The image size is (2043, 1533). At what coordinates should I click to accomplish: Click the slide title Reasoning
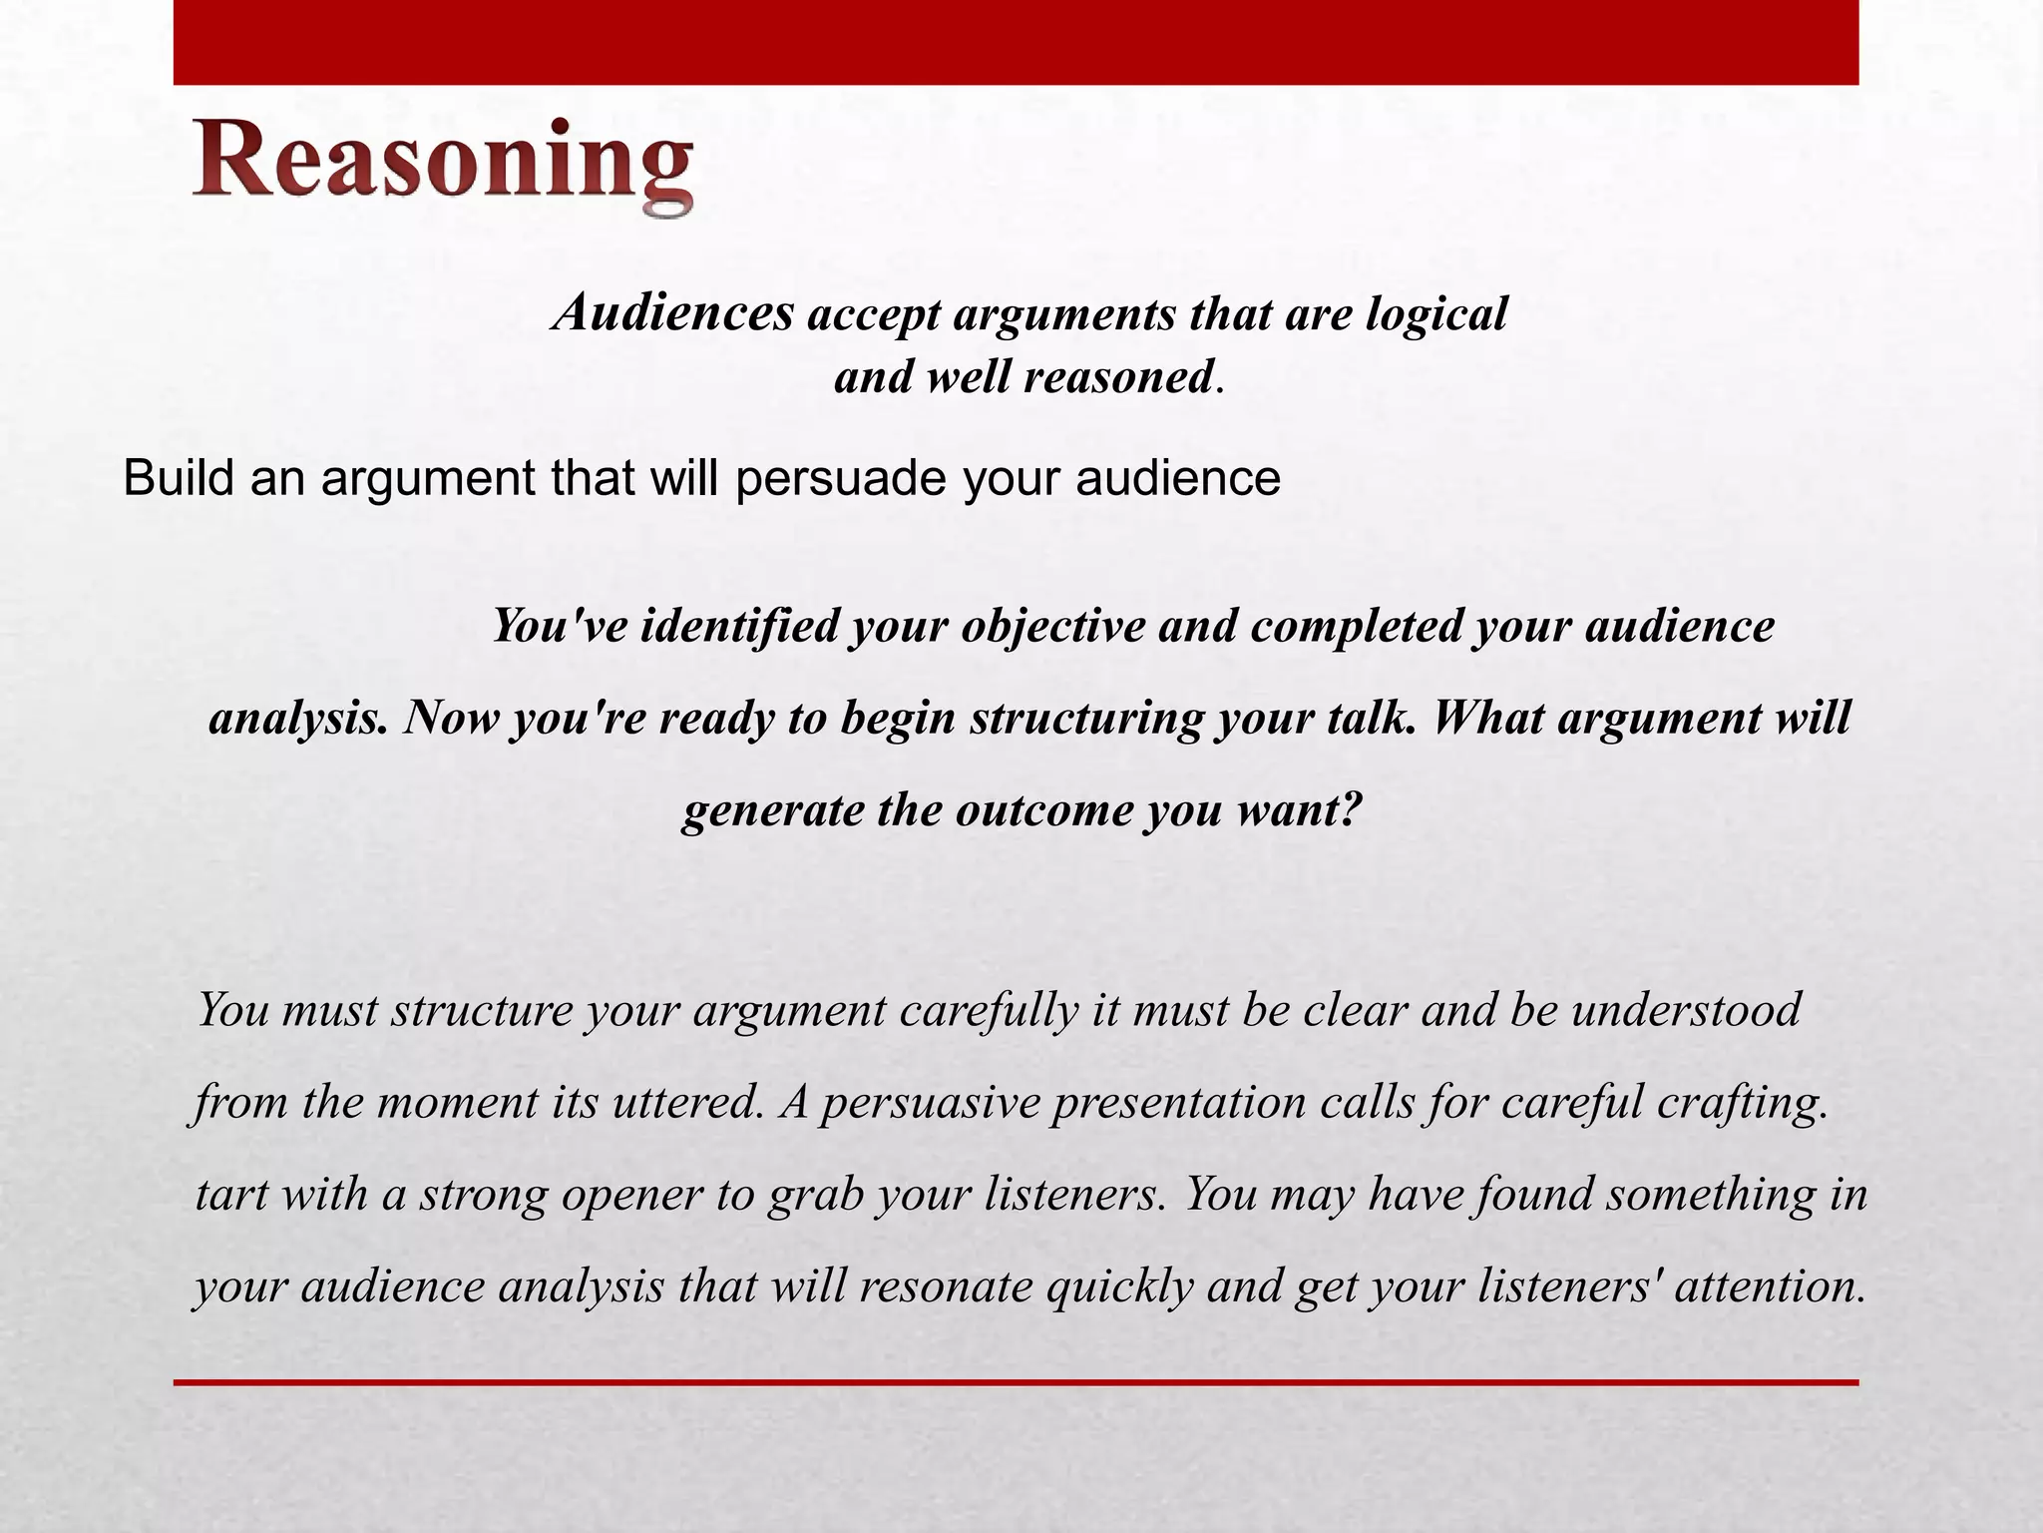click(x=442, y=165)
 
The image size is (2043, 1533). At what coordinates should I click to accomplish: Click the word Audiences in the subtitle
click(x=675, y=313)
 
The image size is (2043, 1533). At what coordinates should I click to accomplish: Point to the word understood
click(x=1686, y=1010)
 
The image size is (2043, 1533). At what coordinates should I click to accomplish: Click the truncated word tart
click(x=231, y=1195)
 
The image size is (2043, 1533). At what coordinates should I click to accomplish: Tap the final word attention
click(x=1769, y=1286)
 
